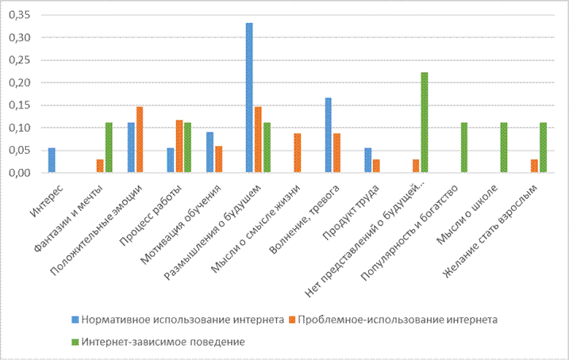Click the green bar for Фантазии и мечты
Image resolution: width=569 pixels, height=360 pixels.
pyautogui.click(x=108, y=147)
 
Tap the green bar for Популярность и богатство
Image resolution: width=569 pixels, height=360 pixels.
pyautogui.click(x=464, y=147)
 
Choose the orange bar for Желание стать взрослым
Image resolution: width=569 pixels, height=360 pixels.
pyautogui.click(x=535, y=166)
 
